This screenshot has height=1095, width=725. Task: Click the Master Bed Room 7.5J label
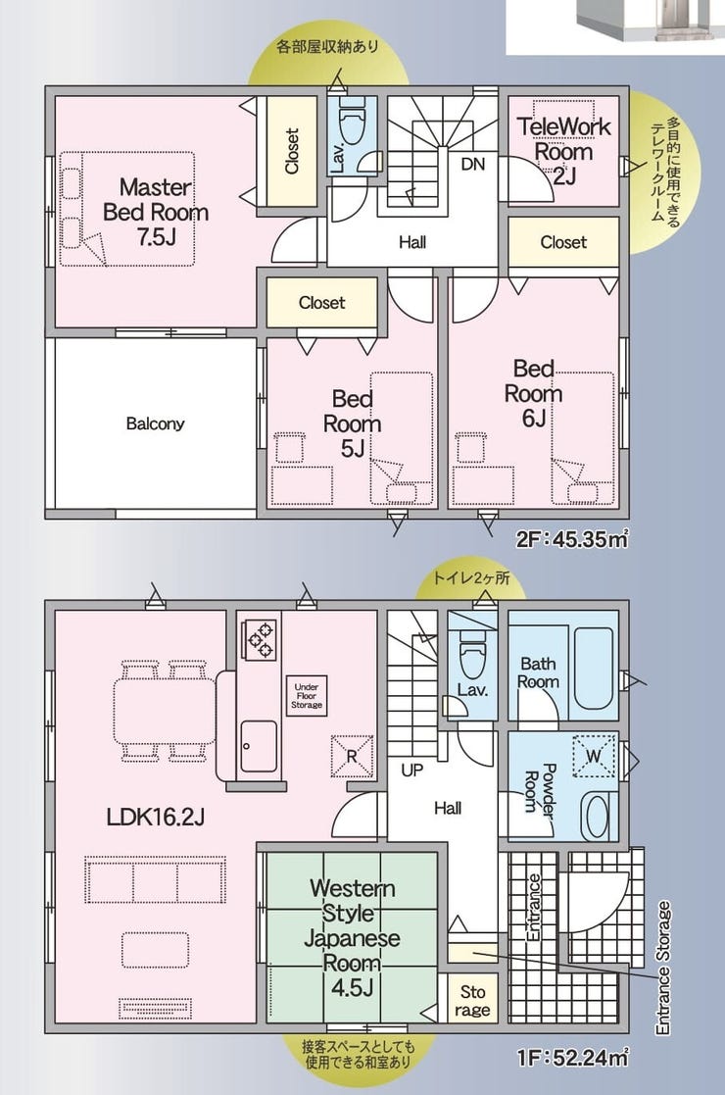156,212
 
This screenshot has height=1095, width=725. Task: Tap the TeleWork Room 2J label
563,151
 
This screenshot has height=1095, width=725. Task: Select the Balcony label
155,423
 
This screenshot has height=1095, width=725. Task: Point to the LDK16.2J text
155,817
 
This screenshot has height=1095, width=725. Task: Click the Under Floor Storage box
307,696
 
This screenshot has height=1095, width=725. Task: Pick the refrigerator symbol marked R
352,755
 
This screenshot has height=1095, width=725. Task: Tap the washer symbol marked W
594,756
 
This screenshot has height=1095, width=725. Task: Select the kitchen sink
259,746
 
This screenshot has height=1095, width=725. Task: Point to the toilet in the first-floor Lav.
472,653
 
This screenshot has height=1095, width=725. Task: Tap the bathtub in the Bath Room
593,668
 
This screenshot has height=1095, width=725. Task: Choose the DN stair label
472,164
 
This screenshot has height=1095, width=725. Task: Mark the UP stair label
411,771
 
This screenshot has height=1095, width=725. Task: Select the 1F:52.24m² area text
572,1058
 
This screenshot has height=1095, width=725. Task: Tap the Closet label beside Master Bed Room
292,151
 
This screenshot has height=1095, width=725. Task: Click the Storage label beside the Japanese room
472,1001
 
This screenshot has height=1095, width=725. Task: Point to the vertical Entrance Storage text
663,968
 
